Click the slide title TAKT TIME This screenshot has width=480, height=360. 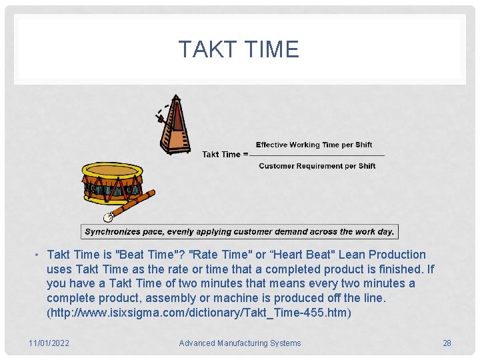[x=239, y=49]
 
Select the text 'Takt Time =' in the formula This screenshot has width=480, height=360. [x=225, y=155]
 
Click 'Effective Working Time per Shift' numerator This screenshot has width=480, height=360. [x=314, y=145]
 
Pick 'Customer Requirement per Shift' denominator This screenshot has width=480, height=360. [x=317, y=166]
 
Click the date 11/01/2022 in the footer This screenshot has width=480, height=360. [x=49, y=343]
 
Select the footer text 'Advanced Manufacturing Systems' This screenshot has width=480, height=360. [x=240, y=343]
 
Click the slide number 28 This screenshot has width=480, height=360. [x=447, y=343]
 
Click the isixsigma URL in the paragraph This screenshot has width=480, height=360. [x=199, y=313]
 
